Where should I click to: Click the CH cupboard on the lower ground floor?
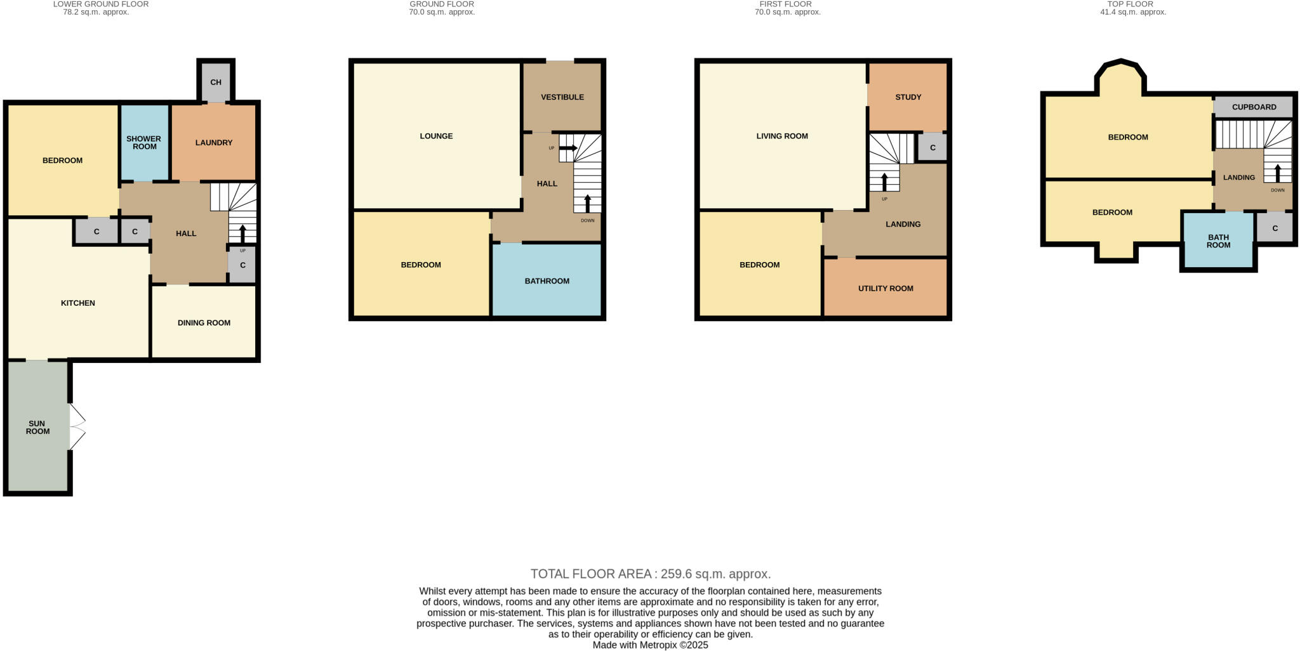(216, 82)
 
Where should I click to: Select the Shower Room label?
(144, 143)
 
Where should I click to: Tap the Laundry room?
(214, 143)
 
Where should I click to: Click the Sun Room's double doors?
(77, 427)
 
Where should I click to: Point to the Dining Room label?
(204, 323)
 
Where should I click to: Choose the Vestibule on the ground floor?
(562, 97)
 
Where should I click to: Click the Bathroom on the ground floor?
(547, 281)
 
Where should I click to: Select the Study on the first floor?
(908, 97)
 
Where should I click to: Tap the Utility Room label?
(885, 289)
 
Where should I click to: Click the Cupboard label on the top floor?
(1254, 107)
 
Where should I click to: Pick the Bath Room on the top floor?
(1218, 241)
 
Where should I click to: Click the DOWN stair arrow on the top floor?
(1278, 173)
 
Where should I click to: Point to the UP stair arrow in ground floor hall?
(568, 148)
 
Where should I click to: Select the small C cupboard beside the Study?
(932, 148)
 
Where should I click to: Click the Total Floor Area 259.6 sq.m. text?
(651, 574)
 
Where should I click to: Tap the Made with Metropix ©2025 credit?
(650, 645)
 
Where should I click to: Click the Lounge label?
(436, 136)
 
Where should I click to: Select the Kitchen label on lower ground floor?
(78, 303)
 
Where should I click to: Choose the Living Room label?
(782, 136)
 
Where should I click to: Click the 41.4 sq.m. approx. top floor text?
(1133, 12)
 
